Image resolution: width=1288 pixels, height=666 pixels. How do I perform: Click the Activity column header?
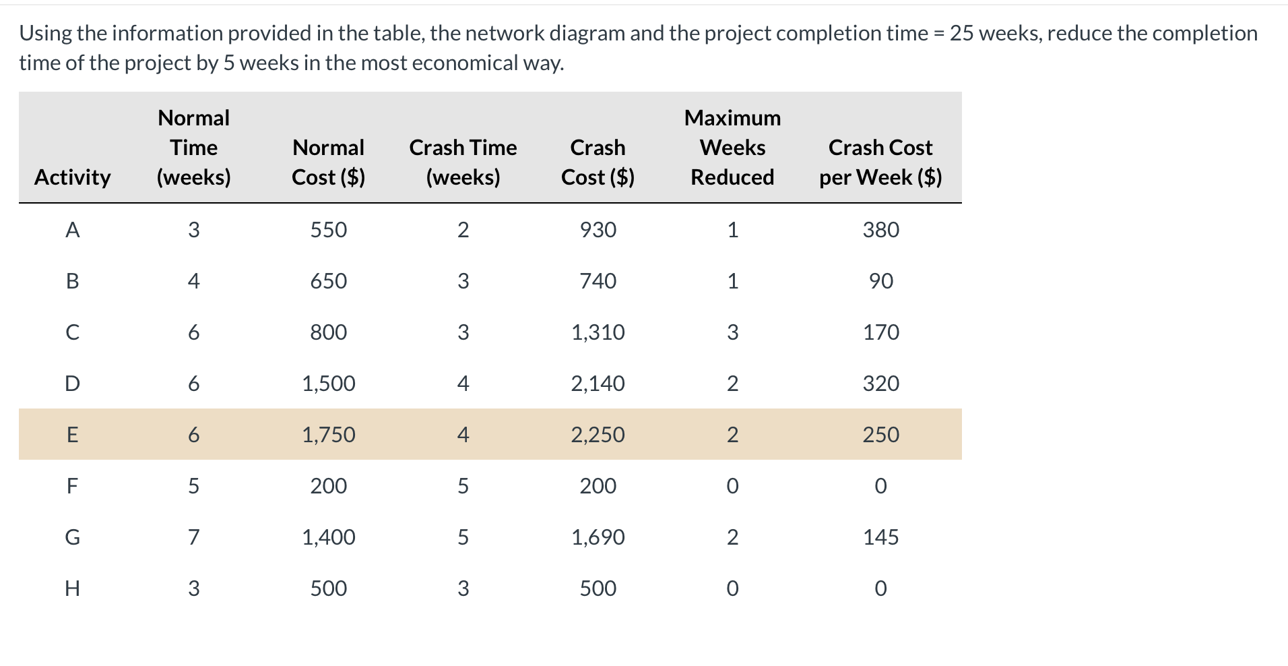72,177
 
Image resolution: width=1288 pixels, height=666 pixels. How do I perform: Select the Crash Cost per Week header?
880,162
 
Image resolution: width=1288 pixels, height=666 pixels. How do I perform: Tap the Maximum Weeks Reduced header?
732,148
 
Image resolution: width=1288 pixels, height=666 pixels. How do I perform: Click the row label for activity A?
72,230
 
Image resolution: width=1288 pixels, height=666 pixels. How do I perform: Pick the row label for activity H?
72,588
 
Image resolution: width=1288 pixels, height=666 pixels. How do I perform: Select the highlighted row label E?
72,435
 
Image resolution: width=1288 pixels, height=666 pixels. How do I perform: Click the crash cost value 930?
598,230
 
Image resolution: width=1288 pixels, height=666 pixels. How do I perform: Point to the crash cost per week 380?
880,230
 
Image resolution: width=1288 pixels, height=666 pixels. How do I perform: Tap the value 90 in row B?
880,281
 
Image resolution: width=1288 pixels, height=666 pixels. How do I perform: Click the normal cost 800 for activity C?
328,332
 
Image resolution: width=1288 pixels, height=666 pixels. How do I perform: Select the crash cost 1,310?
598,332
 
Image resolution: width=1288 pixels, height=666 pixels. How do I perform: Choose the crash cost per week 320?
880,384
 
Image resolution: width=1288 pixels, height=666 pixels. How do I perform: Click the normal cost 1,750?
328,435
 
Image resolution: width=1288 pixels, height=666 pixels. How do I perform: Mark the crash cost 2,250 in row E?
598,435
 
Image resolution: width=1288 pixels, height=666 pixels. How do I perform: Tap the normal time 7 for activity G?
193,537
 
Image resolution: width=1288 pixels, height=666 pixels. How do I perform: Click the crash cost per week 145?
880,537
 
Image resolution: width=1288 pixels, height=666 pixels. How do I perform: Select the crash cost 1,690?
598,537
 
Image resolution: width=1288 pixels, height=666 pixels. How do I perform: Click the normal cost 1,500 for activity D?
328,384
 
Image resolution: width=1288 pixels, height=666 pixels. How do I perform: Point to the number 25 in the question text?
961,33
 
